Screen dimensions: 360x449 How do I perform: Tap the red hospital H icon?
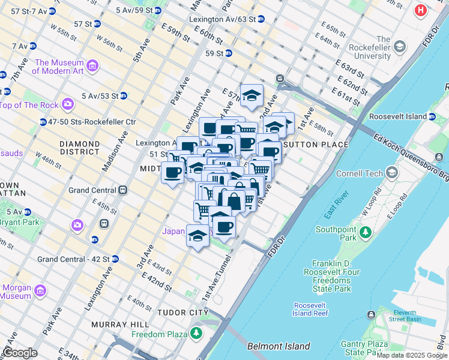point(421,11)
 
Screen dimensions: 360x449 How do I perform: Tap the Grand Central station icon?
point(123,190)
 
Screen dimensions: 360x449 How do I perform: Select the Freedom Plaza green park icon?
point(196,334)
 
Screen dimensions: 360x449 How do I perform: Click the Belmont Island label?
point(279,346)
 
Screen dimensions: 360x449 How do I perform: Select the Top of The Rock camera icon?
point(67,105)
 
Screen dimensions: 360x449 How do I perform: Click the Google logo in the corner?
point(19,353)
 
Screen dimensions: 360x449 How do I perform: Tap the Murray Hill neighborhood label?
point(115,325)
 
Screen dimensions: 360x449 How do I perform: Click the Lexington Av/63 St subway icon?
point(261,19)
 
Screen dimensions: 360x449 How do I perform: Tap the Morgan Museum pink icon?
point(40,291)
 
